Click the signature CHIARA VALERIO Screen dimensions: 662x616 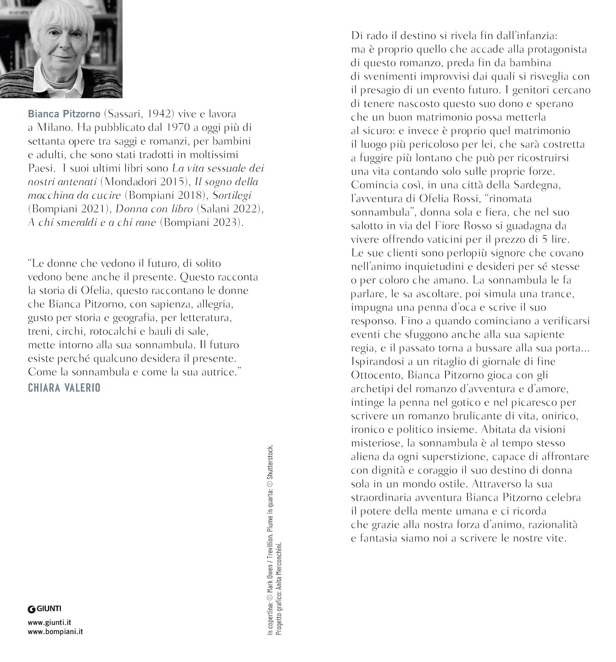pos(64,388)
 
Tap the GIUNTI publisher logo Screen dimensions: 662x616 pos(44,609)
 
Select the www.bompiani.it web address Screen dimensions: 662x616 pos(55,632)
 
